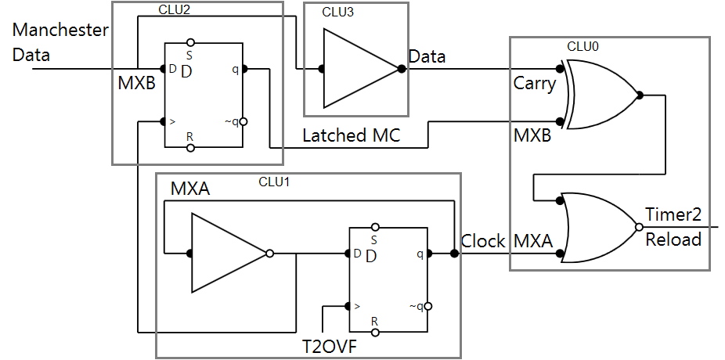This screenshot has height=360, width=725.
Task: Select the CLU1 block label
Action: click(275, 182)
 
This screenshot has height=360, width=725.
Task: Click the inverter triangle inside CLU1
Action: click(228, 254)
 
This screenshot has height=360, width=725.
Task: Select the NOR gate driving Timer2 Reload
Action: click(599, 227)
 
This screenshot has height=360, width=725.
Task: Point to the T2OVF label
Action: click(330, 346)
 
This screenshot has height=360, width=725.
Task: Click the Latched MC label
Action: click(352, 135)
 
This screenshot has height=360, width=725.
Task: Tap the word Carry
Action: click(535, 83)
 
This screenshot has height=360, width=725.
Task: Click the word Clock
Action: click(483, 241)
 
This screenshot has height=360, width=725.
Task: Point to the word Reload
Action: click(673, 239)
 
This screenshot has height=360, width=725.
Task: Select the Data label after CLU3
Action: click(427, 56)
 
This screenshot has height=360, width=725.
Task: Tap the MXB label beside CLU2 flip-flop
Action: click(137, 83)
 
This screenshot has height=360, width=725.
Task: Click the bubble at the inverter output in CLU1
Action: click(270, 254)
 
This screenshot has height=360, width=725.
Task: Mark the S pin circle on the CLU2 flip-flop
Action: click(190, 42)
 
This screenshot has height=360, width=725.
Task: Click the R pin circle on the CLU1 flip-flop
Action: click(375, 333)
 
